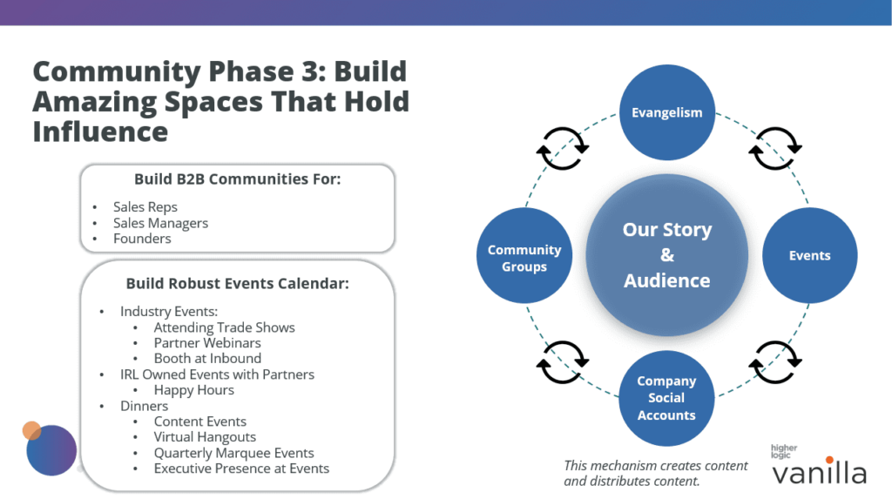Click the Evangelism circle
[666, 112]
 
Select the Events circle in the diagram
[809, 255]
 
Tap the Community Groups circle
[524, 258]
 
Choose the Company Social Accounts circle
[666, 398]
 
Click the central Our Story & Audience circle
[666, 255]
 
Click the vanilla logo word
[819, 473]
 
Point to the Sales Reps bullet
[145, 207]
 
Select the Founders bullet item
[142, 239]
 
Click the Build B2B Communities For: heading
[237, 179]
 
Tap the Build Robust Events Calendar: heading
[237, 283]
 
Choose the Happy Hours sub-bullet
[193, 390]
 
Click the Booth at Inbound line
[207, 358]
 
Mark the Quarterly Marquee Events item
[233, 453]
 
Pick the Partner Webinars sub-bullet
[207, 343]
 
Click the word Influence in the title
[100, 131]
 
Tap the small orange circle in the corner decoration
[32, 430]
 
